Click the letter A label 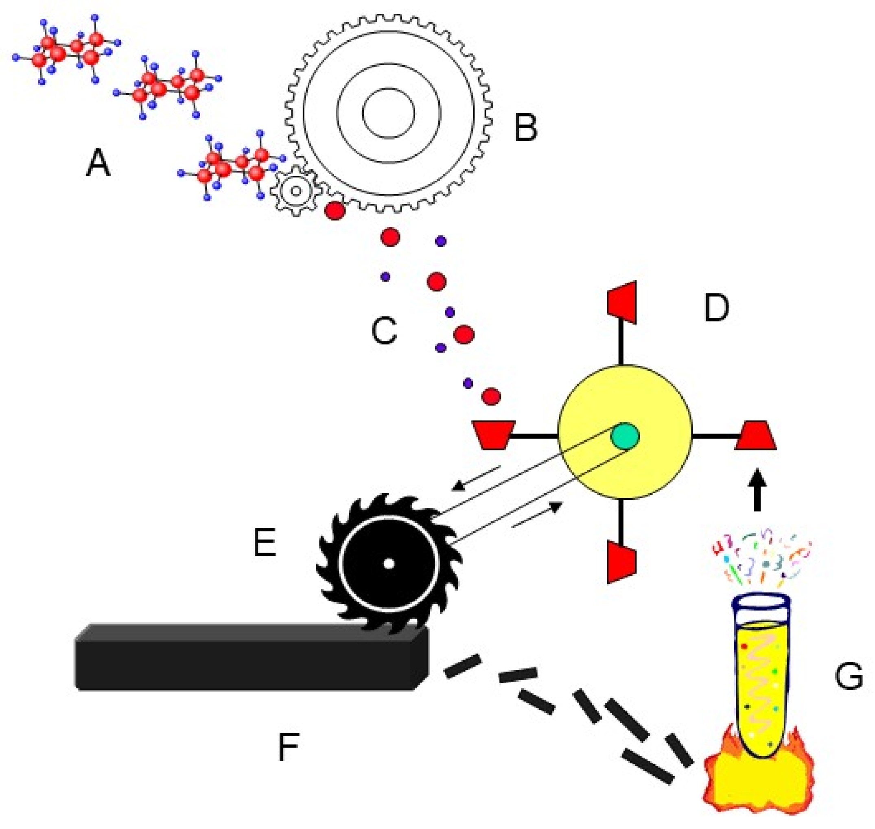click(98, 163)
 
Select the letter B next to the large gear click(525, 128)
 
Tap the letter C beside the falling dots click(384, 330)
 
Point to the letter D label click(716, 308)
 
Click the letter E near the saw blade click(265, 542)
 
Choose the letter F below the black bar click(289, 747)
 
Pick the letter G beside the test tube click(849, 676)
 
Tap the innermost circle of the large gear click(388, 113)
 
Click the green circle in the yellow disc click(624, 436)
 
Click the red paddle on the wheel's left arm click(493, 435)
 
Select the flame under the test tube click(758, 782)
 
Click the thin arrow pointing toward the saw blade click(475, 479)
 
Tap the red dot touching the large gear click(335, 210)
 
